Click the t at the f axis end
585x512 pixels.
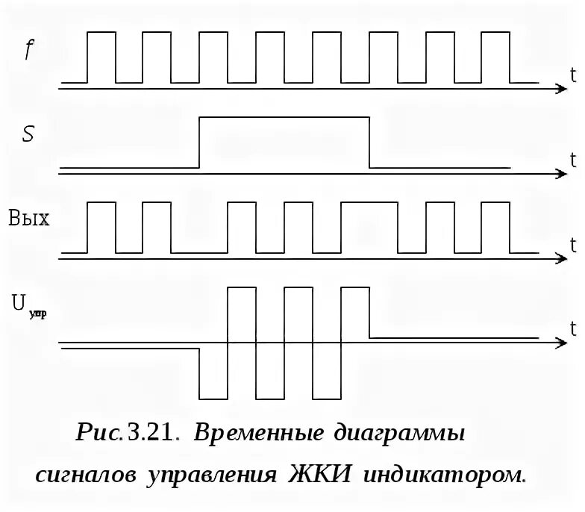point(572,73)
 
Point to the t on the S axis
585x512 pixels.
point(572,159)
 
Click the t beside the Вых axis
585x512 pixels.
point(572,243)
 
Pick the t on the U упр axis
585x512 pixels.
point(572,328)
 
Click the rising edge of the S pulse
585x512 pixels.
point(200,142)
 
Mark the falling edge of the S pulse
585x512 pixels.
point(370,142)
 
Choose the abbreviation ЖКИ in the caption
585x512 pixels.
point(313,475)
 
